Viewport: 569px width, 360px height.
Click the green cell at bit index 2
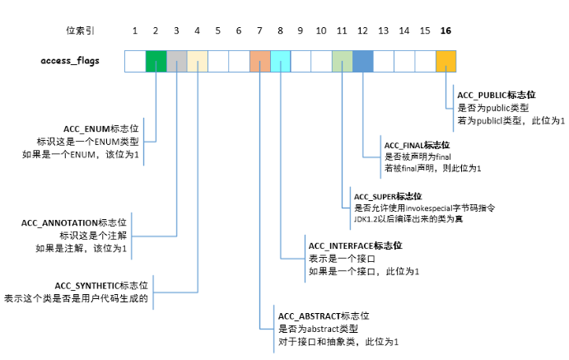(x=156, y=61)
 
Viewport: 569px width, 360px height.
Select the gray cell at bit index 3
(x=176, y=61)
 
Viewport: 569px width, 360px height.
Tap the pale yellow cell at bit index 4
(x=197, y=61)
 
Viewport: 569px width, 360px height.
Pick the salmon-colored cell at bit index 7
(x=259, y=61)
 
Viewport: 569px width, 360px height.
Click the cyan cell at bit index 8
(x=280, y=61)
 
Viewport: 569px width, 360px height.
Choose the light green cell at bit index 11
(x=342, y=61)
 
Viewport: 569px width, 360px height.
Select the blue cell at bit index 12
(x=363, y=61)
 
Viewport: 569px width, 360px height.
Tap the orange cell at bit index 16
(x=445, y=61)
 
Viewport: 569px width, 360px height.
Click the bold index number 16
(x=445, y=30)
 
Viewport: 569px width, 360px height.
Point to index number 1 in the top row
(x=135, y=30)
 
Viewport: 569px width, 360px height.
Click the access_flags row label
(x=71, y=61)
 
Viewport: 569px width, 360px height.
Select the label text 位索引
(x=80, y=30)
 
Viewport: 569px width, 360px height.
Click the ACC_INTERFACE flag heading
(x=355, y=246)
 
